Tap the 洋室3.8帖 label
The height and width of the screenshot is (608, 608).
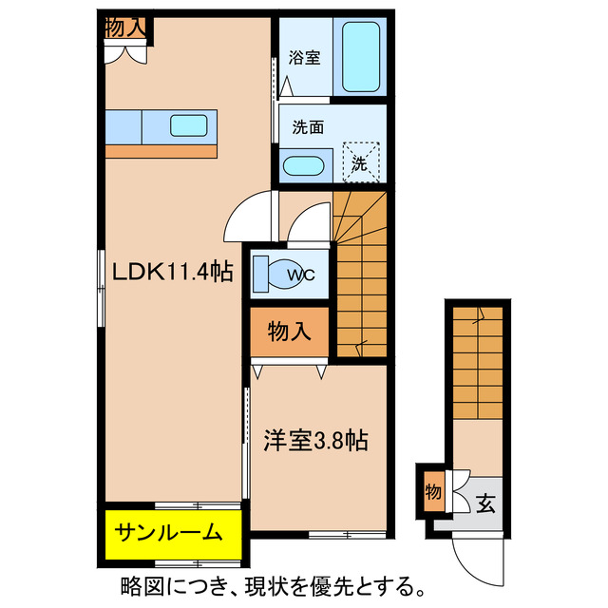(315, 441)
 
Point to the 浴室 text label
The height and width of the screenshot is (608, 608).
(306, 57)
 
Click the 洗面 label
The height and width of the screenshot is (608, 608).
(306, 124)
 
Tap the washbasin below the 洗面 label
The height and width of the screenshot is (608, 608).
(305, 165)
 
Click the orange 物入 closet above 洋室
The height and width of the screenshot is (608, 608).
(290, 332)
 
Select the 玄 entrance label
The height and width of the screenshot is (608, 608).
(485, 503)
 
